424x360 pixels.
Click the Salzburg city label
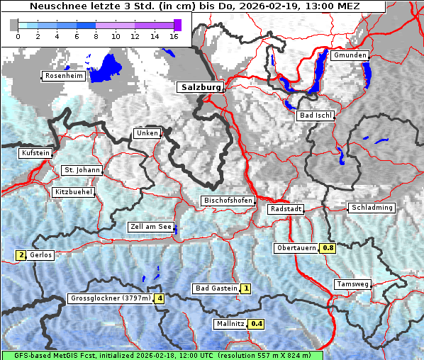pyautogui.click(x=199, y=87)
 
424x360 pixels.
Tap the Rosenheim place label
pyautogui.click(x=64, y=76)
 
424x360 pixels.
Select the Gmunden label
pyautogui.click(x=350, y=55)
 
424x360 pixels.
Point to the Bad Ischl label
pyautogui.click(x=316, y=116)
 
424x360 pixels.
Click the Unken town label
pyautogui.click(x=146, y=133)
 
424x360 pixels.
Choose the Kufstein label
pyautogui.click(x=35, y=153)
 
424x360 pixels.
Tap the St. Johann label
pyautogui.click(x=82, y=170)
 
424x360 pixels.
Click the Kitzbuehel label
pyautogui.click(x=74, y=192)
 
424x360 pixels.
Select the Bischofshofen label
pyautogui.click(x=228, y=201)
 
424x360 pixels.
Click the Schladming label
pyautogui.click(x=371, y=208)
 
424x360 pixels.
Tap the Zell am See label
pyautogui.click(x=150, y=227)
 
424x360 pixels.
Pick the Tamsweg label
pyautogui.click(x=352, y=284)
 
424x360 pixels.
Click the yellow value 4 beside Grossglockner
pyautogui.click(x=160, y=299)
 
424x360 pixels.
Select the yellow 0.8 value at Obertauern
pyautogui.click(x=328, y=248)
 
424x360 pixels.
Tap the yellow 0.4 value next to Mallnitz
pyautogui.click(x=257, y=325)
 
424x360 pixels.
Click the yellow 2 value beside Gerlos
pyautogui.click(x=21, y=255)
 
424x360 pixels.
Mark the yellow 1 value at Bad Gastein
pyautogui.click(x=245, y=288)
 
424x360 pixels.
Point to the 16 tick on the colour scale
pyautogui.click(x=173, y=35)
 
